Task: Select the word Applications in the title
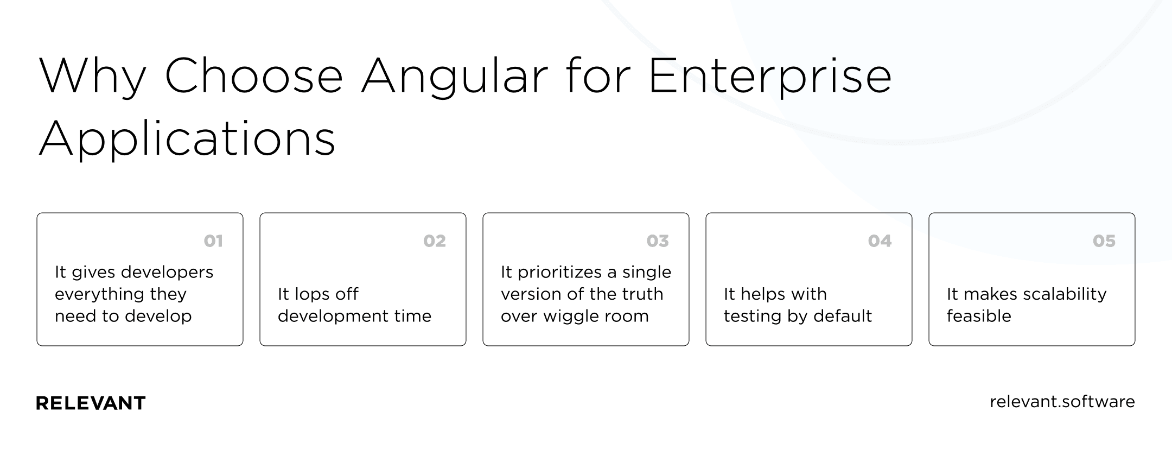187,139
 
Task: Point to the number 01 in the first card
213,241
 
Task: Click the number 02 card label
435,241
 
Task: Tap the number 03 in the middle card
658,241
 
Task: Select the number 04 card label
880,241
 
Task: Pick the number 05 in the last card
1104,241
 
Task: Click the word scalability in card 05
1064,294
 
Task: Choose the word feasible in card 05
979,316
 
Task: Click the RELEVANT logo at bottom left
91,403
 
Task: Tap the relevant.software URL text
1062,402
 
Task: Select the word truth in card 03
642,294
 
